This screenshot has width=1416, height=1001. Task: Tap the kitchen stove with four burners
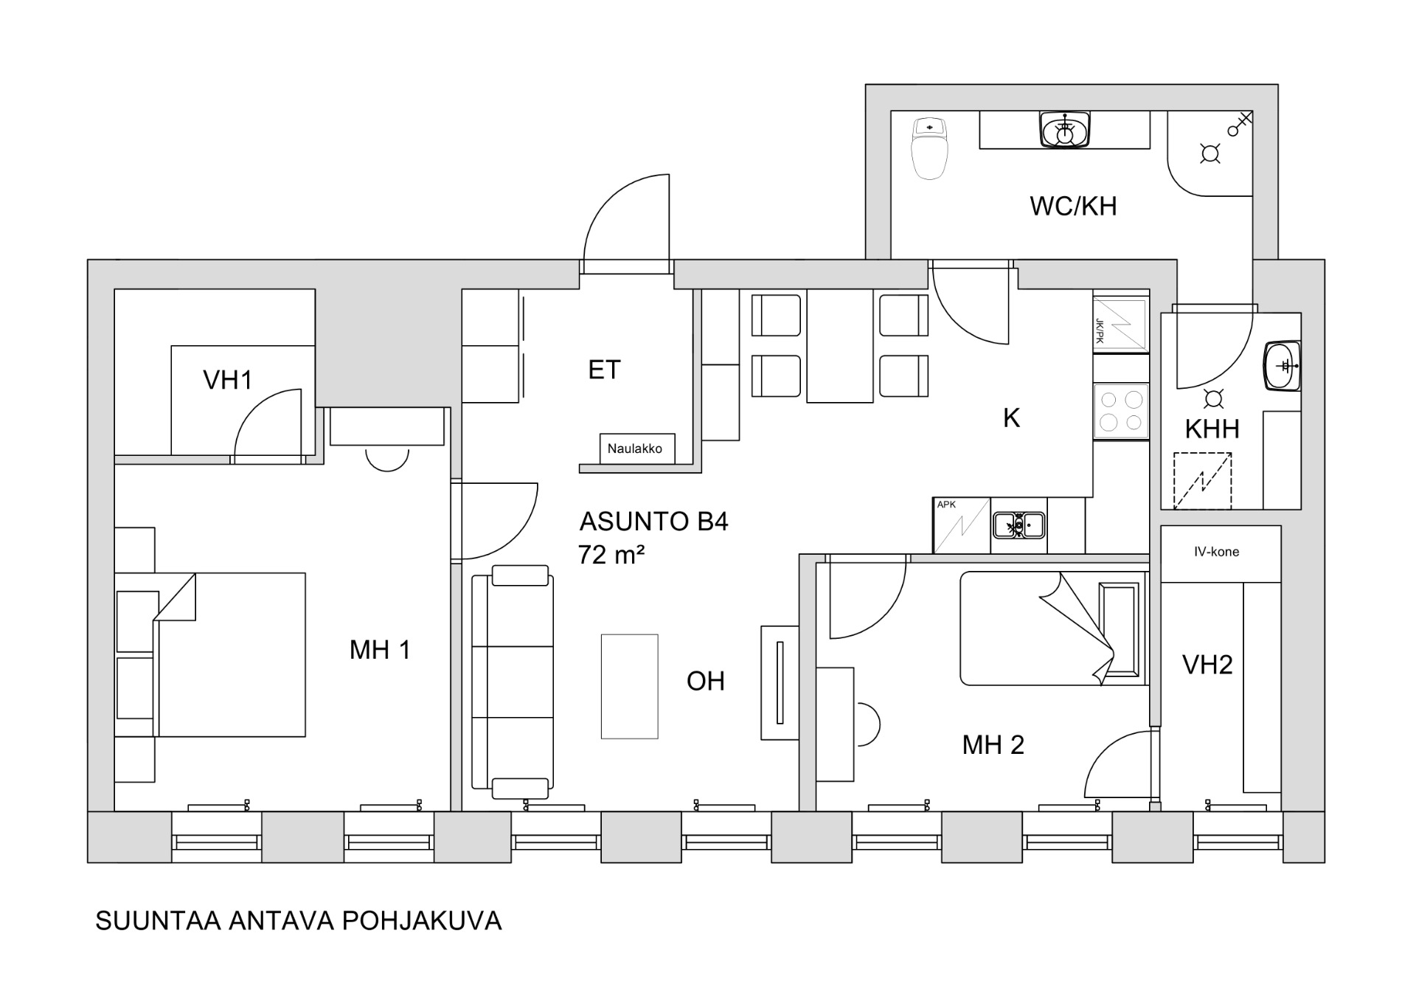[x=1121, y=412]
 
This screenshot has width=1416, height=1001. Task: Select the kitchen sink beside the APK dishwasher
[x=1018, y=525]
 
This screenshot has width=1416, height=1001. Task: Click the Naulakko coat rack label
[x=634, y=448]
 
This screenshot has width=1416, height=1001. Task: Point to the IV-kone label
[x=1216, y=552]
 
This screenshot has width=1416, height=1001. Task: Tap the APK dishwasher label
[x=946, y=505]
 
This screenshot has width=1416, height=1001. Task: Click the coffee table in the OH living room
[x=629, y=686]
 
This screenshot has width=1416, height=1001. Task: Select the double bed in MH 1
[x=229, y=654]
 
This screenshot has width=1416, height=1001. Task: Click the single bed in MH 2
[x=1053, y=628]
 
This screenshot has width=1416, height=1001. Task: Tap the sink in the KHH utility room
[x=1282, y=365]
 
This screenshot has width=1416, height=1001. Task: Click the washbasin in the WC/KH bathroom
[x=1064, y=130]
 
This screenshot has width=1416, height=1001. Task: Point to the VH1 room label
[x=228, y=380]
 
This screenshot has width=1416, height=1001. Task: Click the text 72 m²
[x=611, y=554]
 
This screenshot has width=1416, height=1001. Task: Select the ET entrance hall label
[x=604, y=370]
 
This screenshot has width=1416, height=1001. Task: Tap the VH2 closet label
[x=1207, y=665]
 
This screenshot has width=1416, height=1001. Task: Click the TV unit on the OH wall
[x=780, y=682]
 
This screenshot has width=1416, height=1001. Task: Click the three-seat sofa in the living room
[x=513, y=682]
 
